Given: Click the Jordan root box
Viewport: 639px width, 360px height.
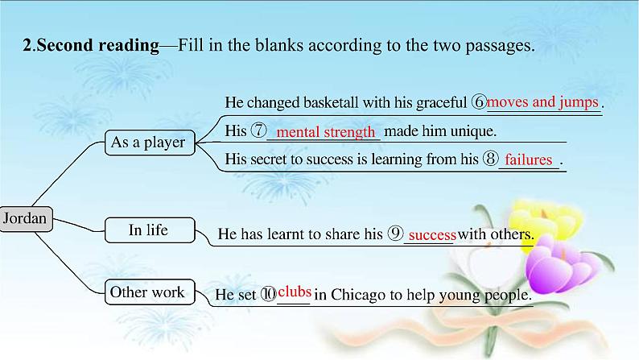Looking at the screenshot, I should (27, 218).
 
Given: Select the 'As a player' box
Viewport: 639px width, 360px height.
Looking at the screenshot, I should (148, 143).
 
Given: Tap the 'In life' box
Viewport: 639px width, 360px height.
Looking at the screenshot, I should (148, 230).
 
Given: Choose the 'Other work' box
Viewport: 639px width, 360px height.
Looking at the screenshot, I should (147, 292).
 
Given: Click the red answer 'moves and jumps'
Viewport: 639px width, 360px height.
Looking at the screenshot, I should (543, 102).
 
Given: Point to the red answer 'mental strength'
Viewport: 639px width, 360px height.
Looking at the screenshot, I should (326, 132).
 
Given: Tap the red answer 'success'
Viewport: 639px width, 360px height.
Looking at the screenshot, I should (432, 235).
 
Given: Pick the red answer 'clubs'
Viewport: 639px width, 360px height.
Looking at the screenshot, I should (294, 291).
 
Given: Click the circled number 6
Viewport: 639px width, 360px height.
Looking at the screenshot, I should (479, 103).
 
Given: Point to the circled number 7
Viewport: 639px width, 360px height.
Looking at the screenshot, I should (258, 130).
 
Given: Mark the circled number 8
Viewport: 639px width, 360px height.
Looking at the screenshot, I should (492, 159).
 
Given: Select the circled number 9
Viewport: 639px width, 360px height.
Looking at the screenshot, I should (394, 234).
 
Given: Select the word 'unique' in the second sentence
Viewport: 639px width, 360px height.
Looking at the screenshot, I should (473, 130).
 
